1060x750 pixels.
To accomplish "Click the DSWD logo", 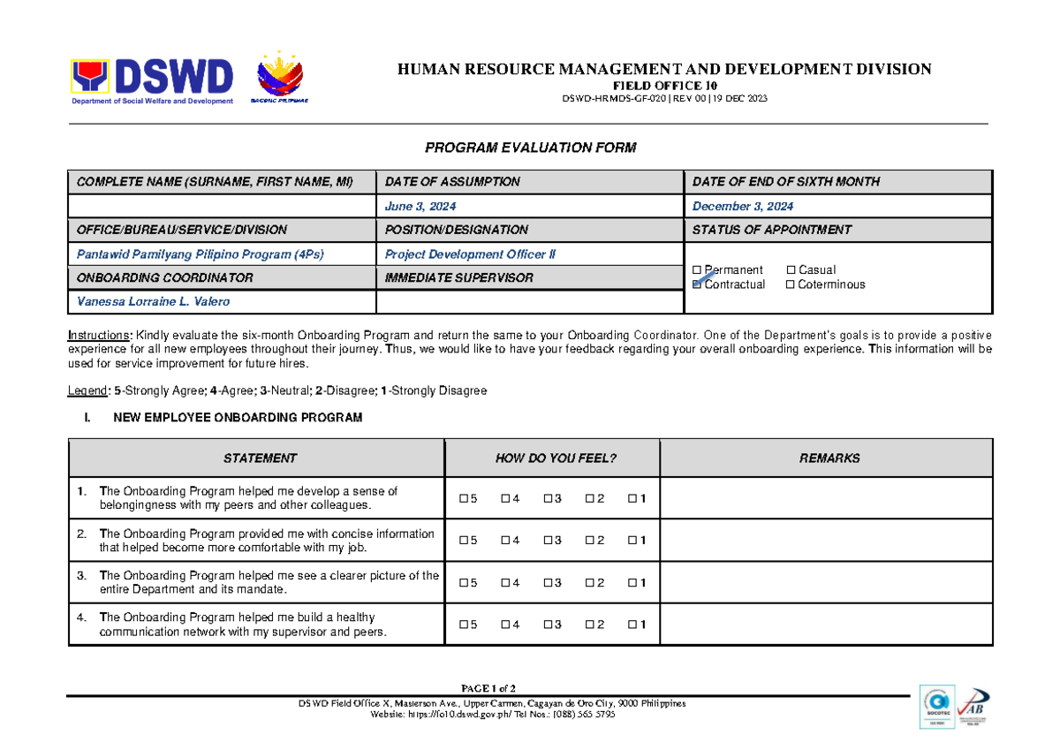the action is [x=152, y=81].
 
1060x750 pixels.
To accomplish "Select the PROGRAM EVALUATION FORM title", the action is [x=530, y=148].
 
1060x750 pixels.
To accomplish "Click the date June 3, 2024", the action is [x=420, y=206].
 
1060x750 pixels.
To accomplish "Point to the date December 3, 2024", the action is [x=743, y=206].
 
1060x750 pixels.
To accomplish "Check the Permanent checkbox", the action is [x=698, y=270].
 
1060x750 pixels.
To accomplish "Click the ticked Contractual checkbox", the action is [x=698, y=284].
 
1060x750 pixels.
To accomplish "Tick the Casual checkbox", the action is [x=791, y=270].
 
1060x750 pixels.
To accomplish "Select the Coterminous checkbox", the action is [x=791, y=284].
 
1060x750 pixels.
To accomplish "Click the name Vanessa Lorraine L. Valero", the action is [x=141, y=301].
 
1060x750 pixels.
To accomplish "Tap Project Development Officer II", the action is [x=471, y=254].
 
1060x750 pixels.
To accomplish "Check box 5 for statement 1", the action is [x=464, y=499].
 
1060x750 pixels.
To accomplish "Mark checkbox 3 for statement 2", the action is [x=549, y=541].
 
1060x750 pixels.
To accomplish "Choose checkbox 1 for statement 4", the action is [x=632, y=625].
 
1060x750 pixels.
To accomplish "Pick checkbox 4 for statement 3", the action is [x=506, y=583].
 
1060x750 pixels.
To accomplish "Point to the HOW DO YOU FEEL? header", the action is [x=556, y=458].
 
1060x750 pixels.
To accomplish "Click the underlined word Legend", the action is [x=89, y=390].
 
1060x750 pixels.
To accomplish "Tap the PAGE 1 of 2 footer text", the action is [x=488, y=688].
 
